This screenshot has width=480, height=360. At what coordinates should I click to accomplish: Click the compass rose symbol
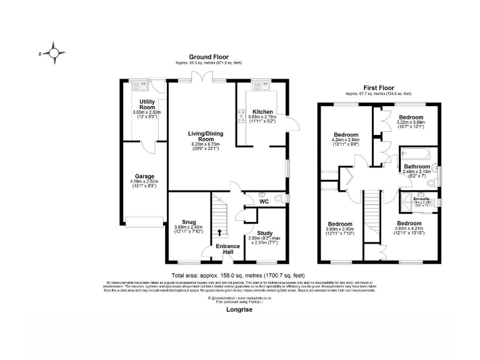54,54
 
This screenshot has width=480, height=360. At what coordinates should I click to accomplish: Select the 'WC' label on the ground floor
265,202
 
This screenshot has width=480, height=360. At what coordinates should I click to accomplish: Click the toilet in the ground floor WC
262,193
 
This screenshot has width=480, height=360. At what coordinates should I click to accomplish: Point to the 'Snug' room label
189,221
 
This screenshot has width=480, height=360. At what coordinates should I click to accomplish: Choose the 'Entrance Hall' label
227,249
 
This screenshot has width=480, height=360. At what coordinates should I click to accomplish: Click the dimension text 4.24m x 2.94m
346,141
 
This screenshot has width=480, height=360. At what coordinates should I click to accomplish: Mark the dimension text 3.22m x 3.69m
411,123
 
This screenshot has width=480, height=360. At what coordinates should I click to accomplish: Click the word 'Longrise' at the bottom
239,308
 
